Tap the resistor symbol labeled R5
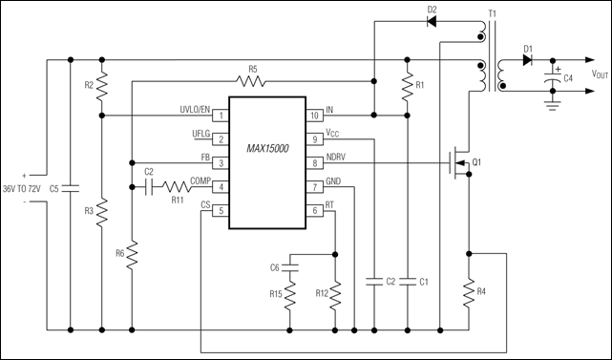click(253, 81)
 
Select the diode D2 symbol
click(432, 21)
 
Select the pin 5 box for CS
click(222, 210)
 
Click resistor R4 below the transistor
click(469, 291)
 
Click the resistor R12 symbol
click(335, 291)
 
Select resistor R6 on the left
click(132, 253)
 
